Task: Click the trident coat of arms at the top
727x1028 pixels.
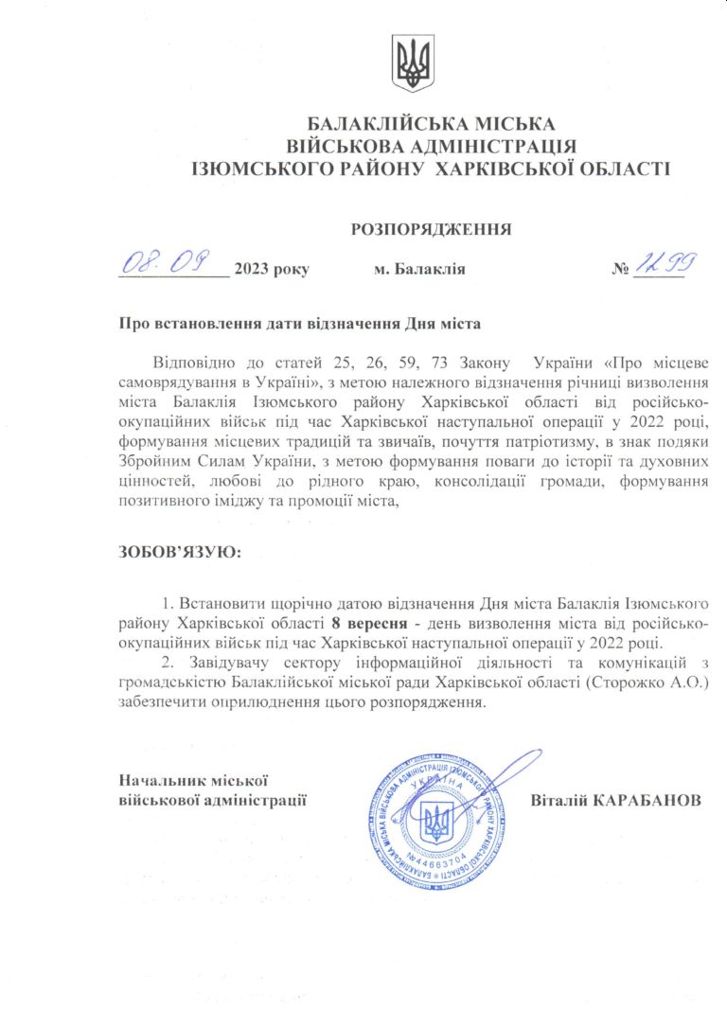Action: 413,63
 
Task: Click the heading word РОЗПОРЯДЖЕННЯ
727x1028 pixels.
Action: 431,228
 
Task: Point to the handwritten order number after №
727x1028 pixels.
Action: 662,263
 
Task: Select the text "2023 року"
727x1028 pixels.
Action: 272,270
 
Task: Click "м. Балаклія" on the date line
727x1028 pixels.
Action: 419,270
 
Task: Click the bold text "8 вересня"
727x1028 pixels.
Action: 365,623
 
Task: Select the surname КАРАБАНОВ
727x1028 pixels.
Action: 648,801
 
